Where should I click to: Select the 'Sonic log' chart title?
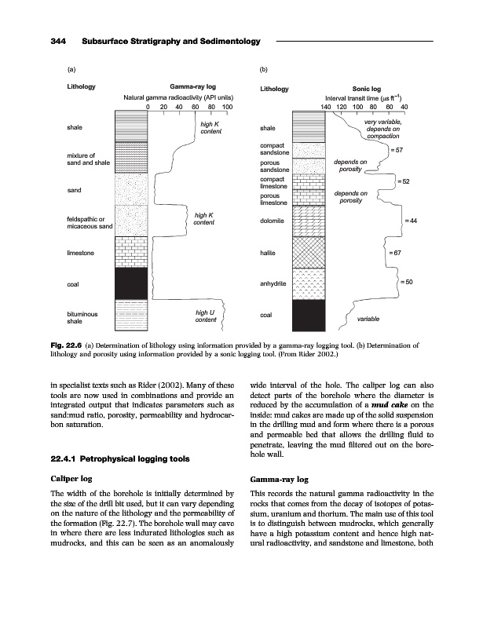click(367, 89)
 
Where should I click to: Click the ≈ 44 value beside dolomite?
click(409, 221)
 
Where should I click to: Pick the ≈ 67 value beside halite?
click(396, 254)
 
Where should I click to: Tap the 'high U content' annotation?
click(206, 316)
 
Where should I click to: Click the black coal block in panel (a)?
click(131, 283)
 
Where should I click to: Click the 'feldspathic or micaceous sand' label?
click(90, 222)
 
